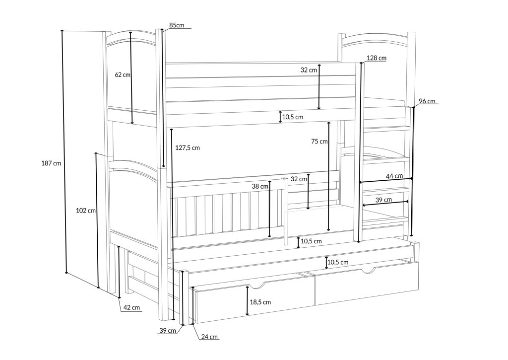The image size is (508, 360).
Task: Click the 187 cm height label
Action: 51,163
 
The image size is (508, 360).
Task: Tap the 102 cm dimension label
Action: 86,211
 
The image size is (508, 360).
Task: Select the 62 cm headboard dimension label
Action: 123,74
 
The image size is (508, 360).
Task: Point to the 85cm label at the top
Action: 177,25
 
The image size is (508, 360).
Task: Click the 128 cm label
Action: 377,58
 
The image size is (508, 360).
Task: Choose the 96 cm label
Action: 427,101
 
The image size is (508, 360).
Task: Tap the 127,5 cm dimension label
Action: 188,148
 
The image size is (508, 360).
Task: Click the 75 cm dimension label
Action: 319,142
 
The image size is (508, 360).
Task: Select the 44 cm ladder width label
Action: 394,176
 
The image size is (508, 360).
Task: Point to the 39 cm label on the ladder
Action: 383,200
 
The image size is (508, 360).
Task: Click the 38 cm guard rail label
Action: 260,187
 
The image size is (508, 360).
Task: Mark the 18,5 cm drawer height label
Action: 260,302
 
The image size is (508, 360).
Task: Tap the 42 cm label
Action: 131,307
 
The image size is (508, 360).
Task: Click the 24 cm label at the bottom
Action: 209,337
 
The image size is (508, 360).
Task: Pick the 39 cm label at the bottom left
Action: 168,331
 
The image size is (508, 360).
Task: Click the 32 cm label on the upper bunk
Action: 309,70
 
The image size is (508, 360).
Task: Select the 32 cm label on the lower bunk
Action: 299,179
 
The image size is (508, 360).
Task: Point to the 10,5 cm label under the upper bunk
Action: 293,117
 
